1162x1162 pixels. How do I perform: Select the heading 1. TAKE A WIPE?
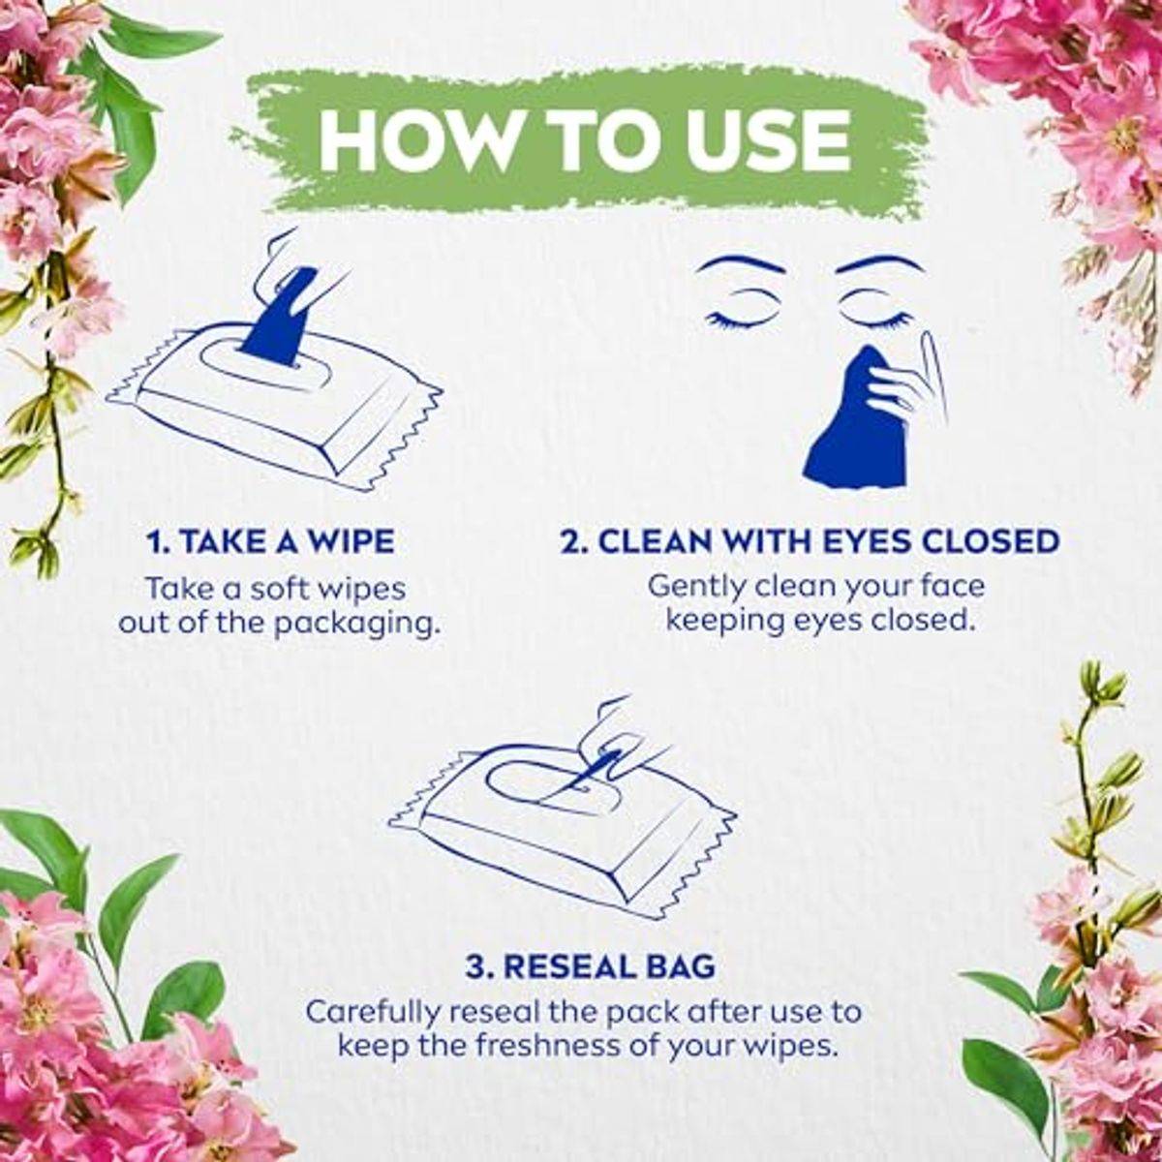(271, 541)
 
